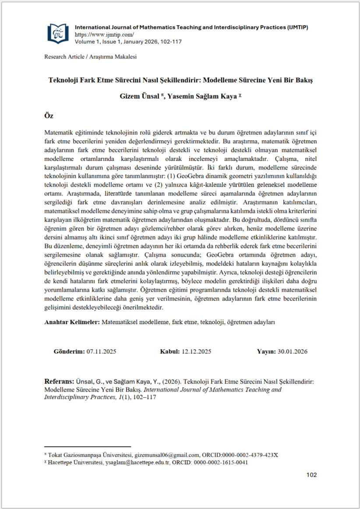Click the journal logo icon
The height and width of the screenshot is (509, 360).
pos(58,33)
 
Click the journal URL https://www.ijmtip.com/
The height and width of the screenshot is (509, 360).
pos(104,34)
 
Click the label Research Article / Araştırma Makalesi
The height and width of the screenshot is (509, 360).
pos(91,57)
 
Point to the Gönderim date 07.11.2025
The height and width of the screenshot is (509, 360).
pos(102,351)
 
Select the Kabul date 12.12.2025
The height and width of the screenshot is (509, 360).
pos(197,351)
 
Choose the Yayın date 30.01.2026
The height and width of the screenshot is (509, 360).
pos(293,351)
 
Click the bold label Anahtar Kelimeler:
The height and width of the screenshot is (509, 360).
pos(72,322)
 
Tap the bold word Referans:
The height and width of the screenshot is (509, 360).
pos(60,381)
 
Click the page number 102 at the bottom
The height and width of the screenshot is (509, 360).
pos(311,475)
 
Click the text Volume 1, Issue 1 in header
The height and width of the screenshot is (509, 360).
pos(99,42)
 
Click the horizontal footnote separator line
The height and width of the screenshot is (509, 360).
pos(87,446)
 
